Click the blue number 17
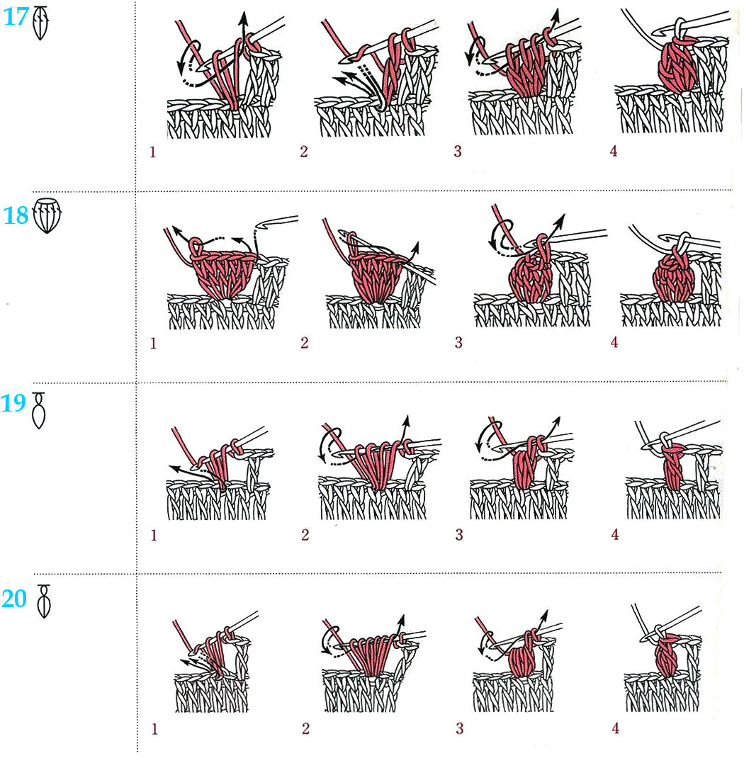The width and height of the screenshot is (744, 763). point(16,17)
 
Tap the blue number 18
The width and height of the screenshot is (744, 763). point(16,215)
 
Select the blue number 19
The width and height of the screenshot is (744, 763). point(13,403)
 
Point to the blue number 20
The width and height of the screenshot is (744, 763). point(14,599)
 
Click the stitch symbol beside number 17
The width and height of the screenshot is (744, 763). point(40,23)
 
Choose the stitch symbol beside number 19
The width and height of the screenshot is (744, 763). point(39,410)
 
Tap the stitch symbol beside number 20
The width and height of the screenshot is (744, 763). point(44,601)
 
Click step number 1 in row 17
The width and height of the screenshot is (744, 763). point(153,152)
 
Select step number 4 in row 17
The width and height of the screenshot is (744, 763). point(614,152)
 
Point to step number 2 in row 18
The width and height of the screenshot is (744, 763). point(305,343)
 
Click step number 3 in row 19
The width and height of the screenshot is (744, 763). point(459,535)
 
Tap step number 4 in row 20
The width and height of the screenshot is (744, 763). point(616,728)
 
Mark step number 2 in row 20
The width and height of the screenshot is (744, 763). point(305,728)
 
